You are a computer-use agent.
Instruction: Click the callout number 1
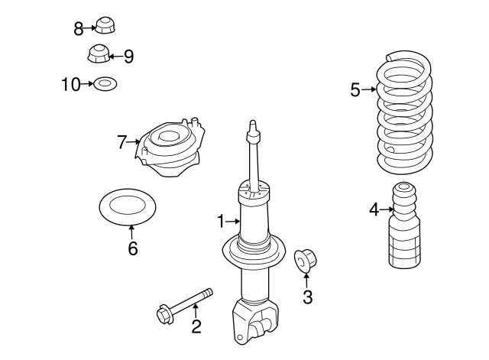tap(221, 222)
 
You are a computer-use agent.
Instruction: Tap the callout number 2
tap(196, 327)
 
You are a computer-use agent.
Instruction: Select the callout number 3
tap(307, 297)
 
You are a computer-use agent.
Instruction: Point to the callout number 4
tap(374, 209)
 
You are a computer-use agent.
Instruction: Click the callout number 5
tap(355, 90)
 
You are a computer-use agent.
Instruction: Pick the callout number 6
tap(132, 248)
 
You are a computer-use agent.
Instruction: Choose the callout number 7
tap(121, 141)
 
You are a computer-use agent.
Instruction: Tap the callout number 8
tap(79, 29)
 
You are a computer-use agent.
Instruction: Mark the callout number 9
tap(128, 56)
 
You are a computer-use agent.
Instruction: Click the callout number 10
tap(70, 84)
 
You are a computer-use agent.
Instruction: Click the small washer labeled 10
tap(104, 84)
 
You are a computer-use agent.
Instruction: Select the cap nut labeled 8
tap(104, 26)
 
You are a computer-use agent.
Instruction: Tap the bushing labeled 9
tap(98, 55)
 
